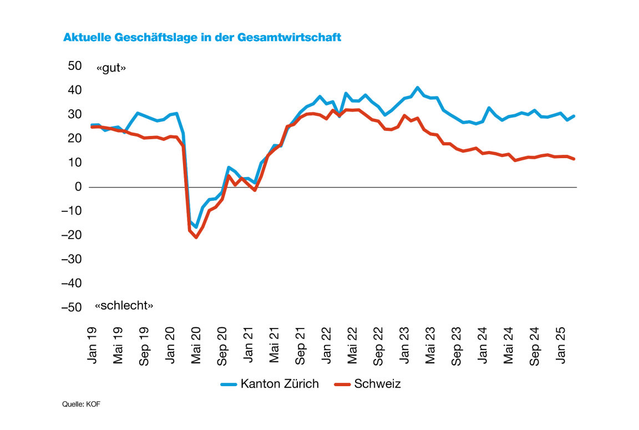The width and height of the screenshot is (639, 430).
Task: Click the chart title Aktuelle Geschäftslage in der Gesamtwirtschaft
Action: coord(202,38)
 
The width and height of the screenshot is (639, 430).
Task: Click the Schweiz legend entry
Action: coord(368,383)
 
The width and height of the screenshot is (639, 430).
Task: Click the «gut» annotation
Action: coord(111,68)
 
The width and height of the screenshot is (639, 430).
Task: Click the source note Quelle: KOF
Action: coord(81,404)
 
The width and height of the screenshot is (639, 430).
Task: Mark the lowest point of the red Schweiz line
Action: coord(196,237)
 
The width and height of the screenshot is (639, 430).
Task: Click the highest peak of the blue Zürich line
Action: coord(418,88)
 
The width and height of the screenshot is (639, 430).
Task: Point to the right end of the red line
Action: coord(574,159)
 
